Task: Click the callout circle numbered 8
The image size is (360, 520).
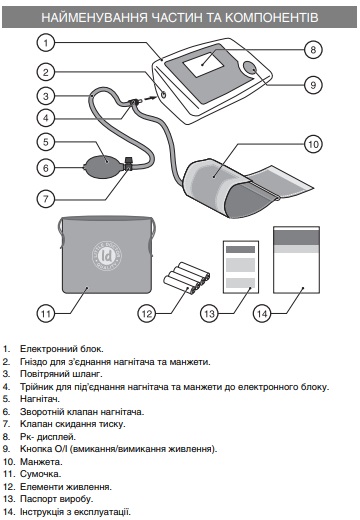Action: pos(313,50)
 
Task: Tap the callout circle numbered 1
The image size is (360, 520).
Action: pos(46,43)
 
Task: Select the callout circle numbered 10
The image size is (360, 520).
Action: pos(313,144)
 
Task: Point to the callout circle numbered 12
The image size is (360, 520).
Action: pos(147,314)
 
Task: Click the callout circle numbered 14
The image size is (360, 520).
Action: pos(262,314)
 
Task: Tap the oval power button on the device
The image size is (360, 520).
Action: pos(250,68)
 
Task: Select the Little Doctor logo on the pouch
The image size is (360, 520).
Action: pos(107,256)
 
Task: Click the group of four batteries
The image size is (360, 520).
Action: pos(187,279)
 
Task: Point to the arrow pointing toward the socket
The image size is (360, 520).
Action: pos(150,98)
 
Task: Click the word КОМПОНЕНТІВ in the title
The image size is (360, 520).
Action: pos(272,17)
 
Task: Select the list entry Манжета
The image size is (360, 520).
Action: pos(41,462)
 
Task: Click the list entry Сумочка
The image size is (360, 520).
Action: pos(41,474)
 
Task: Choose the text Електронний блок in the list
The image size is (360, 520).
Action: pos(62,349)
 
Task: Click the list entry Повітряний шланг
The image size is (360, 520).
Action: pos(61,374)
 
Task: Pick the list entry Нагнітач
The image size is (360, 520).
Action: pos(40,399)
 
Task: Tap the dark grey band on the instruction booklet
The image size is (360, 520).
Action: pos(296,237)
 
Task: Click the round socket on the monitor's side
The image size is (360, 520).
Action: pos(163,94)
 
